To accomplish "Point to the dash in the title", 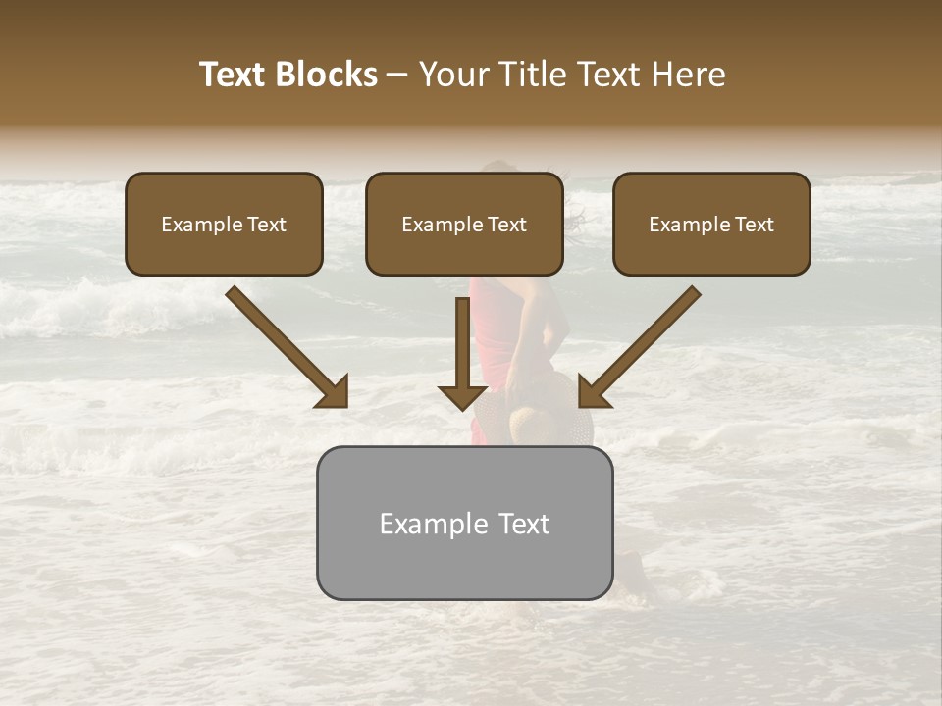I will tap(397, 76).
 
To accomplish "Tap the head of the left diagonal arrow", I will tap(334, 392).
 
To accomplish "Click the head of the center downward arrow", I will tap(462, 397).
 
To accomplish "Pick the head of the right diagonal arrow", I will tap(593, 392).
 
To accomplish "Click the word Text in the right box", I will tap(755, 225).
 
